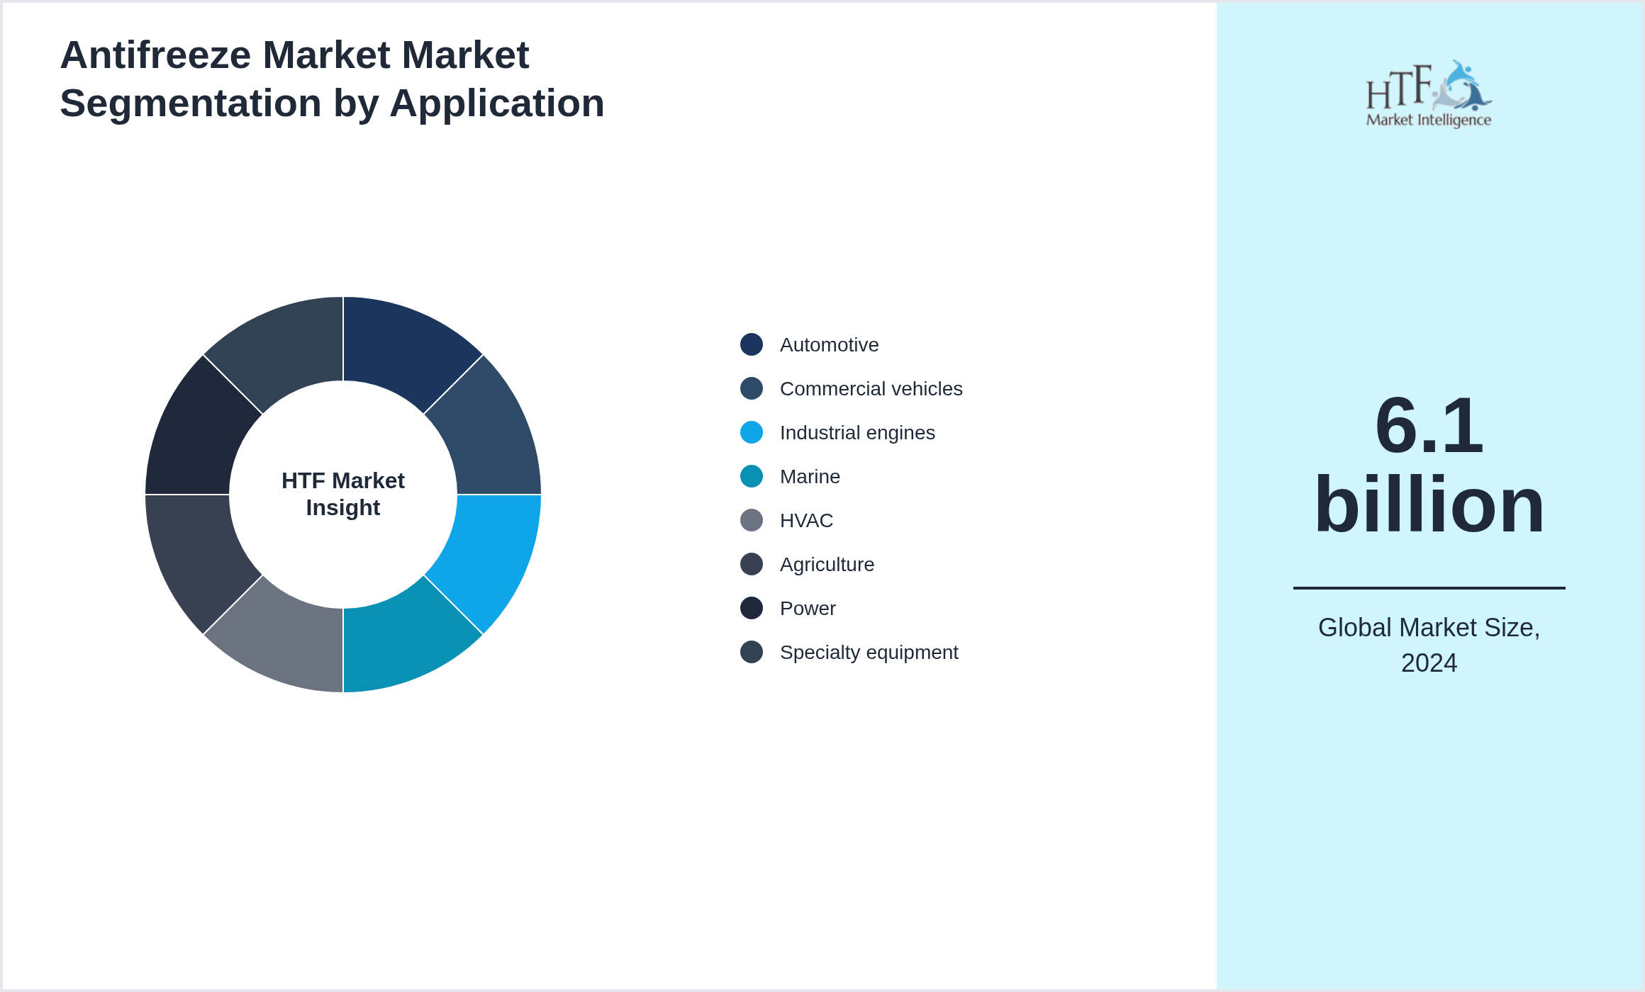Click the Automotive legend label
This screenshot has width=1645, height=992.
point(829,345)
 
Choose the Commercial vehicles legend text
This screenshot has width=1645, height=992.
point(871,389)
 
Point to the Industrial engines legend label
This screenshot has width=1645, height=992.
point(857,433)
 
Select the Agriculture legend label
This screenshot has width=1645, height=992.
point(827,565)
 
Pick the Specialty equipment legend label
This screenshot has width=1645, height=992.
point(869,653)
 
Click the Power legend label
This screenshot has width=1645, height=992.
point(808,609)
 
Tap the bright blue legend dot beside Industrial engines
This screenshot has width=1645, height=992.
point(752,432)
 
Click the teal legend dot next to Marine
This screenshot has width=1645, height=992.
point(752,476)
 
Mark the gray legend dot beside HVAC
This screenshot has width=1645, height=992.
point(752,520)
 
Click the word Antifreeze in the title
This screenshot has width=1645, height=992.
point(155,55)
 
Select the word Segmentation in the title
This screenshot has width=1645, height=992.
point(190,103)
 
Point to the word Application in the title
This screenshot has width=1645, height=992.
point(496,103)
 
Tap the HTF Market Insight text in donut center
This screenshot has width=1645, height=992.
point(343,494)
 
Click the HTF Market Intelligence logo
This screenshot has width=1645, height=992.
point(1429,94)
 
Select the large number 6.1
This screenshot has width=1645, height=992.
point(1429,425)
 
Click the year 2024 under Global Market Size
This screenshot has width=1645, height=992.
point(1429,663)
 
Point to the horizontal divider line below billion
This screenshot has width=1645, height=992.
point(1429,588)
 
